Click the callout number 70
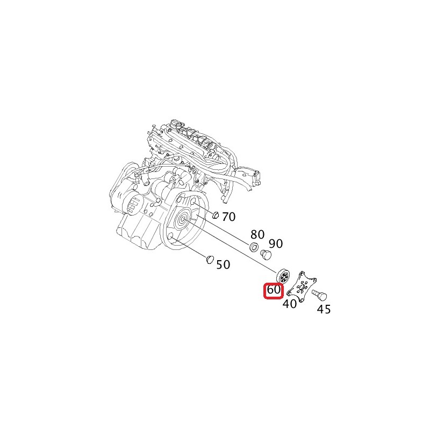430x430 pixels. click(x=229, y=217)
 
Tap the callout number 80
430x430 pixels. click(x=257, y=234)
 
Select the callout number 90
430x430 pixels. click(x=276, y=243)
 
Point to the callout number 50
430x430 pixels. click(x=223, y=264)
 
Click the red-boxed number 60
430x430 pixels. click(x=273, y=290)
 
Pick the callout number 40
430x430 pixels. click(x=290, y=304)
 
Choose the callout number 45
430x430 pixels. click(x=324, y=309)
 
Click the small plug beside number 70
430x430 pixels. click(x=216, y=216)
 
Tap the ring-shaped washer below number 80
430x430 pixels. click(x=254, y=247)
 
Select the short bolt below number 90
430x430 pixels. click(x=266, y=254)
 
